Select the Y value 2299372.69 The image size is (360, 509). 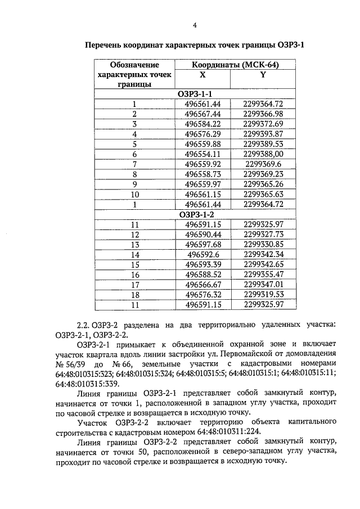(x=263, y=124)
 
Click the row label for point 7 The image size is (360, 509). (x=134, y=164)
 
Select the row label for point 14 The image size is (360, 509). (x=134, y=255)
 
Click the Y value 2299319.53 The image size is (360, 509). (x=263, y=295)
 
